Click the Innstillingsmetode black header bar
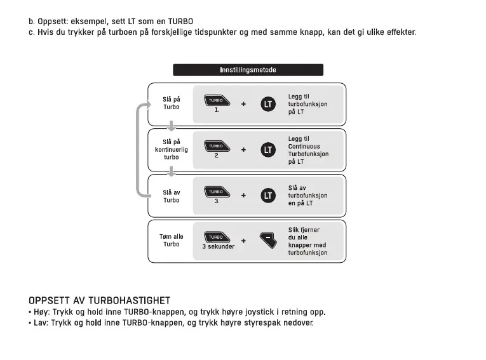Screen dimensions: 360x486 [x=248, y=70]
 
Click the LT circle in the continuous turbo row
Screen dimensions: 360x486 [x=269, y=150]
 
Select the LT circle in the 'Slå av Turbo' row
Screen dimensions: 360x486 [x=269, y=195]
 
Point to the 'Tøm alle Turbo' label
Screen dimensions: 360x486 [x=172, y=240]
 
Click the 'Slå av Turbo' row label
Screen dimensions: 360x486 [x=172, y=196]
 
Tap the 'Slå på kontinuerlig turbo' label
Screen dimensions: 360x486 [x=172, y=149]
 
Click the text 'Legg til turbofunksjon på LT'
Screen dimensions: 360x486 [x=307, y=104]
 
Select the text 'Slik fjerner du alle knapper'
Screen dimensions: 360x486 [x=307, y=241]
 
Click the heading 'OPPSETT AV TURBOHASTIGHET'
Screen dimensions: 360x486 [x=100, y=300]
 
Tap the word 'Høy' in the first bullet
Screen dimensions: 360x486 [x=41, y=312]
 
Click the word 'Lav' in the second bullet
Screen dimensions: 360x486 [x=40, y=323]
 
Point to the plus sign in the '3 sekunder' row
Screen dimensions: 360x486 [x=243, y=241]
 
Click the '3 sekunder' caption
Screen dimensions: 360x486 [x=218, y=246]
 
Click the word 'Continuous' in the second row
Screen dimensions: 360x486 [x=304, y=146]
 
